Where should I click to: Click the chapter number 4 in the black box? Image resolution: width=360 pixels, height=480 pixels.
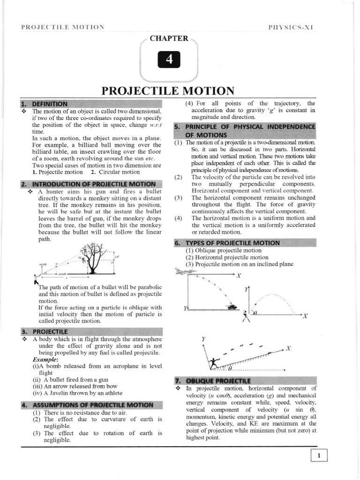(169, 60)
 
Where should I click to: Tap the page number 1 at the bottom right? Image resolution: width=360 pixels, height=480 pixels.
(319, 456)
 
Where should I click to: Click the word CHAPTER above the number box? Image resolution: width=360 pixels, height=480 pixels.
(169, 38)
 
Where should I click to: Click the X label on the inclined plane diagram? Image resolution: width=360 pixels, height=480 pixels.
(288, 348)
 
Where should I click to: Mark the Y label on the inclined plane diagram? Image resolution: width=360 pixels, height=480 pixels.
(203, 338)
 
